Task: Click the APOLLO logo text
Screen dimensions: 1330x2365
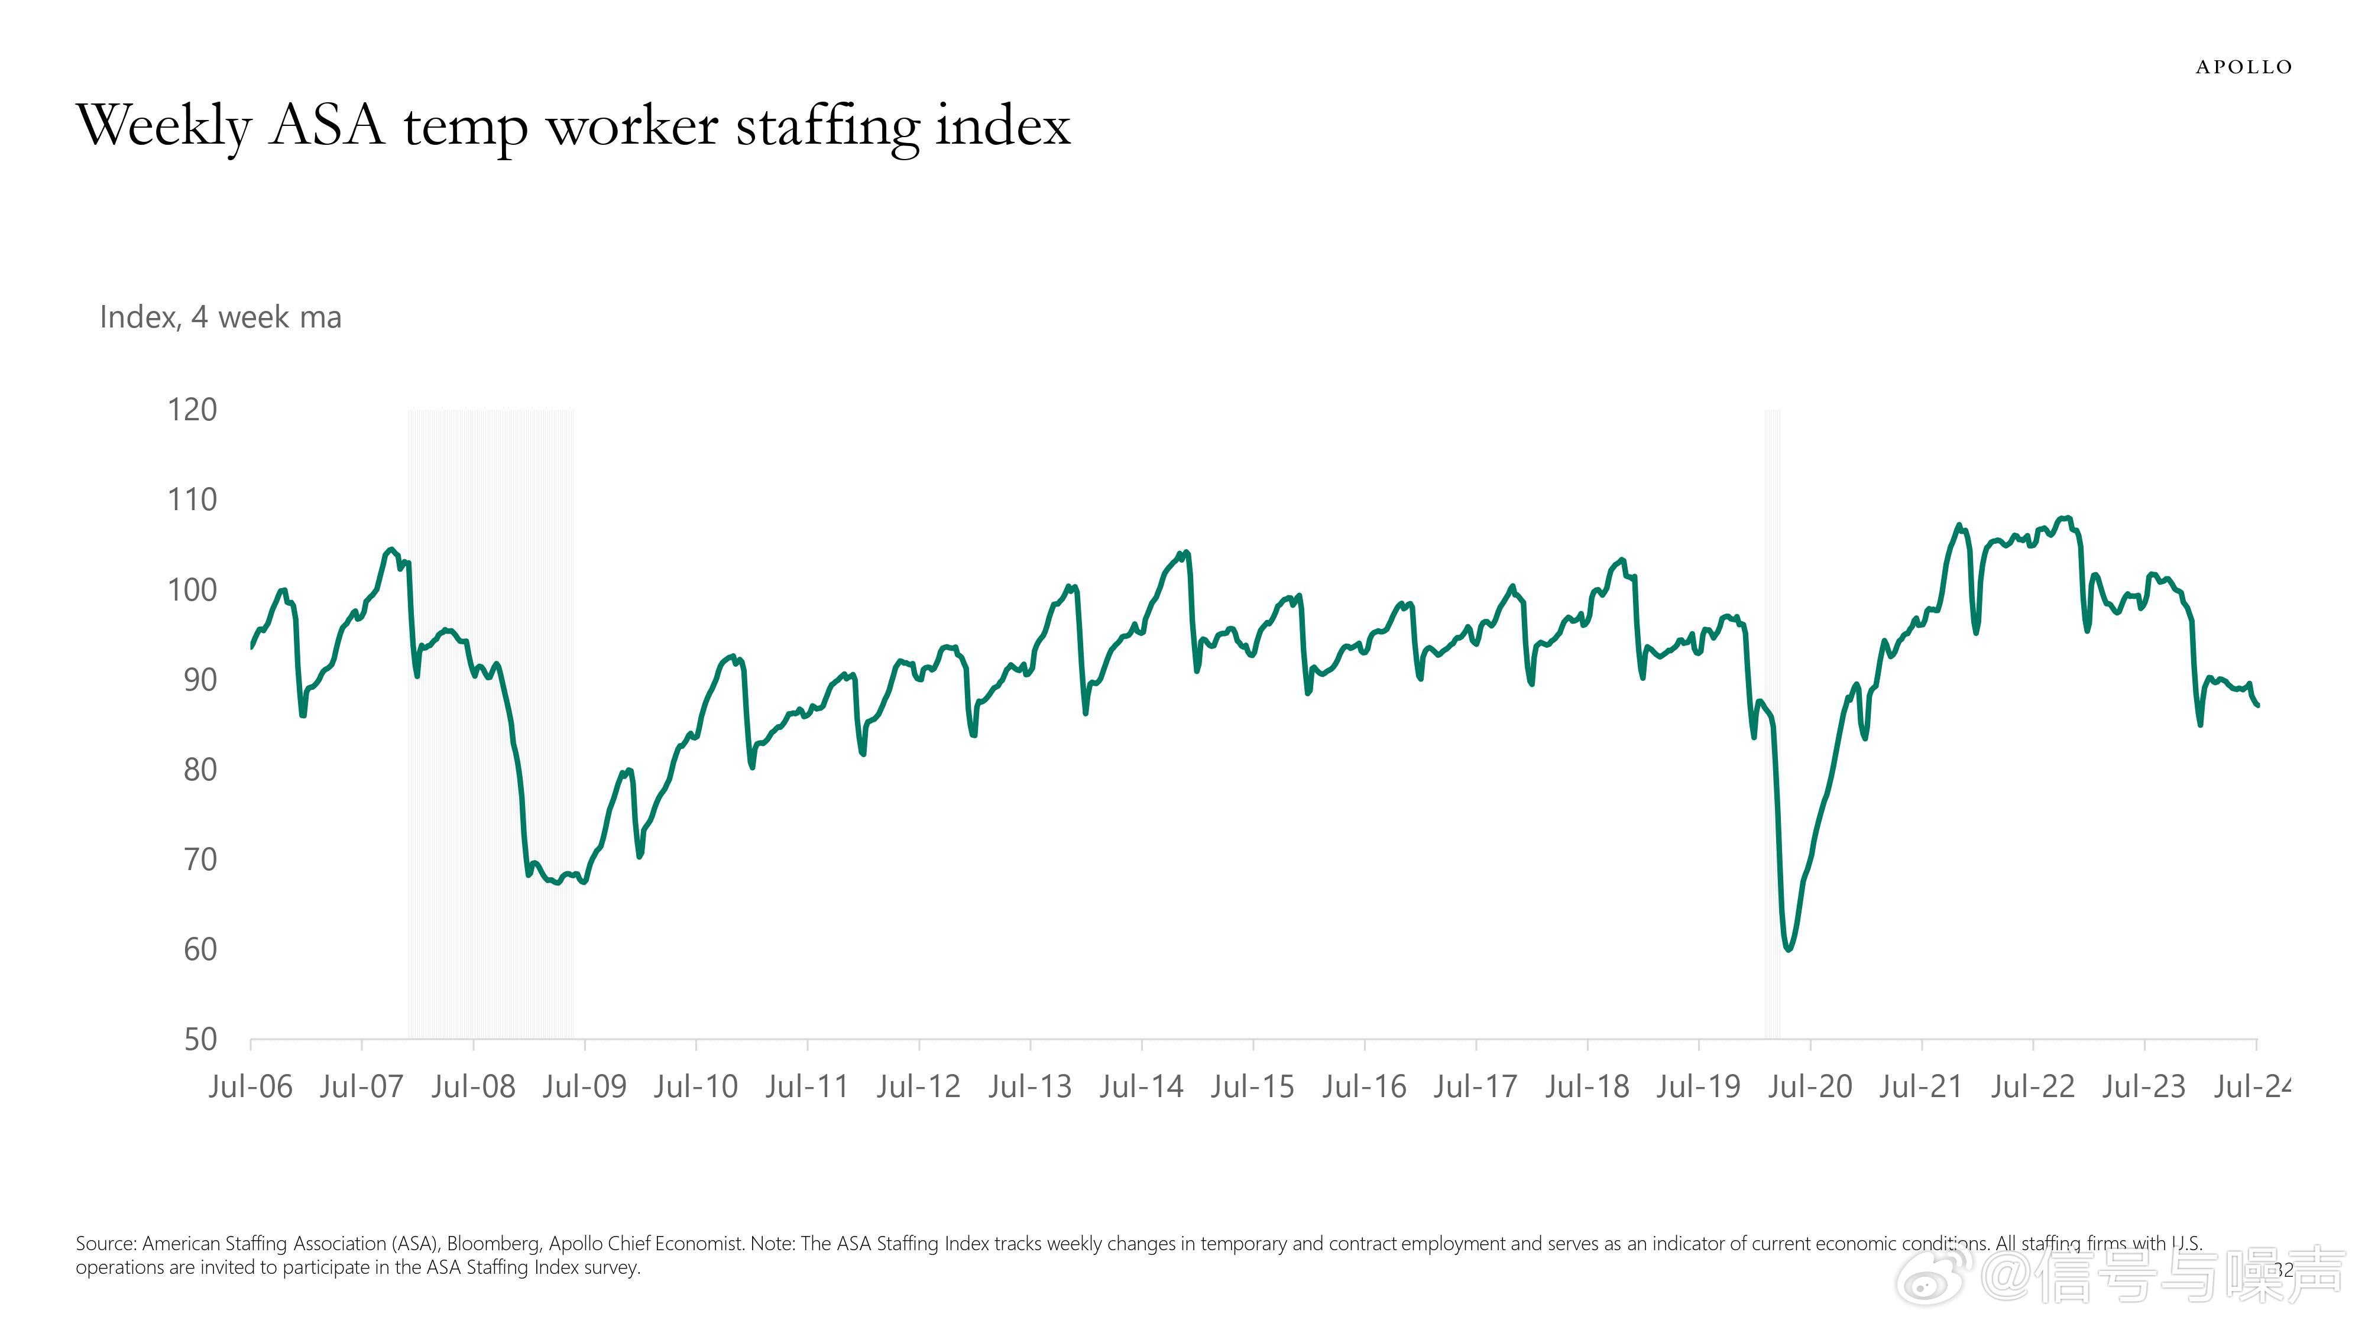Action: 2244,67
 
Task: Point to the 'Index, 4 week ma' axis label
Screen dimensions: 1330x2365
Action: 221,317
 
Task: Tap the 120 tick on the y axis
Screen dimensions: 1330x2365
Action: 192,410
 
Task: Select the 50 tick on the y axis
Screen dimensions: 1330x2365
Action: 200,1039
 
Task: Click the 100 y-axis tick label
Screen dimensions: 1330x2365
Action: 192,589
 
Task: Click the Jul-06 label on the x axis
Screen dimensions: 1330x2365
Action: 250,1087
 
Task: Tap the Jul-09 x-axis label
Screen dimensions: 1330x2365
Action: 584,1087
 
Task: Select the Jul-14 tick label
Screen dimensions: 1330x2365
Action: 1141,1087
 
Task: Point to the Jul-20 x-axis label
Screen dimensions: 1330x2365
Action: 1810,1087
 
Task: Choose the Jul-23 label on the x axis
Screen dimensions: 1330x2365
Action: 2144,1087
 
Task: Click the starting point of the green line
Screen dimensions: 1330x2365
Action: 251,647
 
